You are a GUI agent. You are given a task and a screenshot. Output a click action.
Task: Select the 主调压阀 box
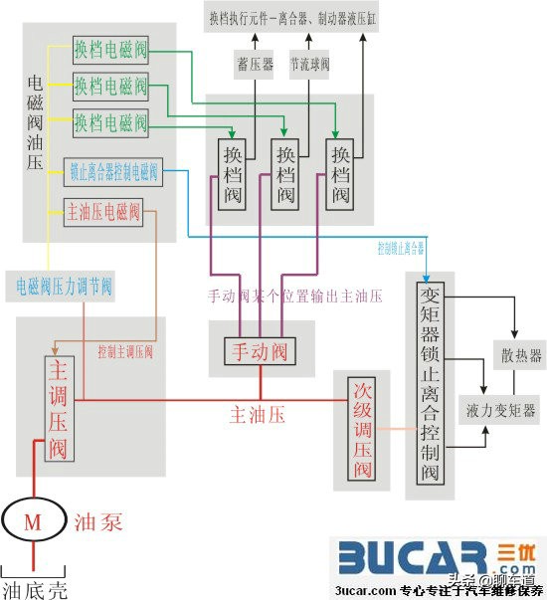coord(58,408)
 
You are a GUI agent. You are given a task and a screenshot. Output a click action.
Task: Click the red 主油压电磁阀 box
coord(103,211)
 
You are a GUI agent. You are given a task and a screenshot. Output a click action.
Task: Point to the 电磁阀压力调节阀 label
coord(64,288)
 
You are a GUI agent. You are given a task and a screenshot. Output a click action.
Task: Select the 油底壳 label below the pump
coord(34,588)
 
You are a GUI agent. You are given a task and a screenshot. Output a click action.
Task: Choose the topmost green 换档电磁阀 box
coord(110,48)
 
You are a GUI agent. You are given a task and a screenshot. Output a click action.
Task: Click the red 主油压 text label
coord(257,415)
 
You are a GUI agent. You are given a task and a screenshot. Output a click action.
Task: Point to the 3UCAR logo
coord(428,558)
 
